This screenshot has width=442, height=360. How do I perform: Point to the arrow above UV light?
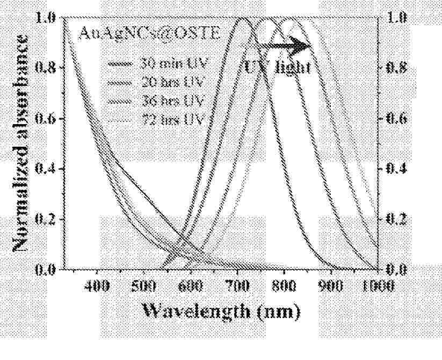(293, 46)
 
